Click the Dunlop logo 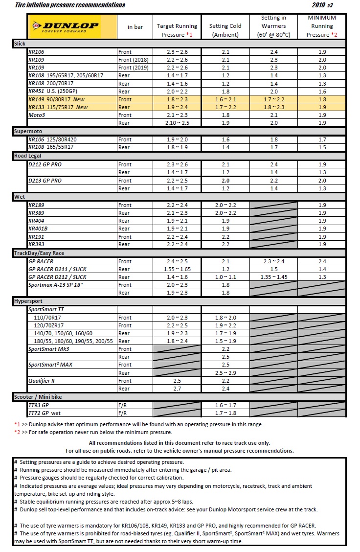click(x=65, y=26)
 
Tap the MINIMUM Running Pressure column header click(x=321, y=26)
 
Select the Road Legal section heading click(x=28, y=156)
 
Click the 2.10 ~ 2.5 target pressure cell click(x=177, y=123)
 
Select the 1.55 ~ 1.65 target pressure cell click(x=177, y=269)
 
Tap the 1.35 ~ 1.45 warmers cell click(x=273, y=277)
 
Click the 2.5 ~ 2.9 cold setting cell click(x=225, y=373)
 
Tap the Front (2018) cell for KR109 click(x=135, y=60)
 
